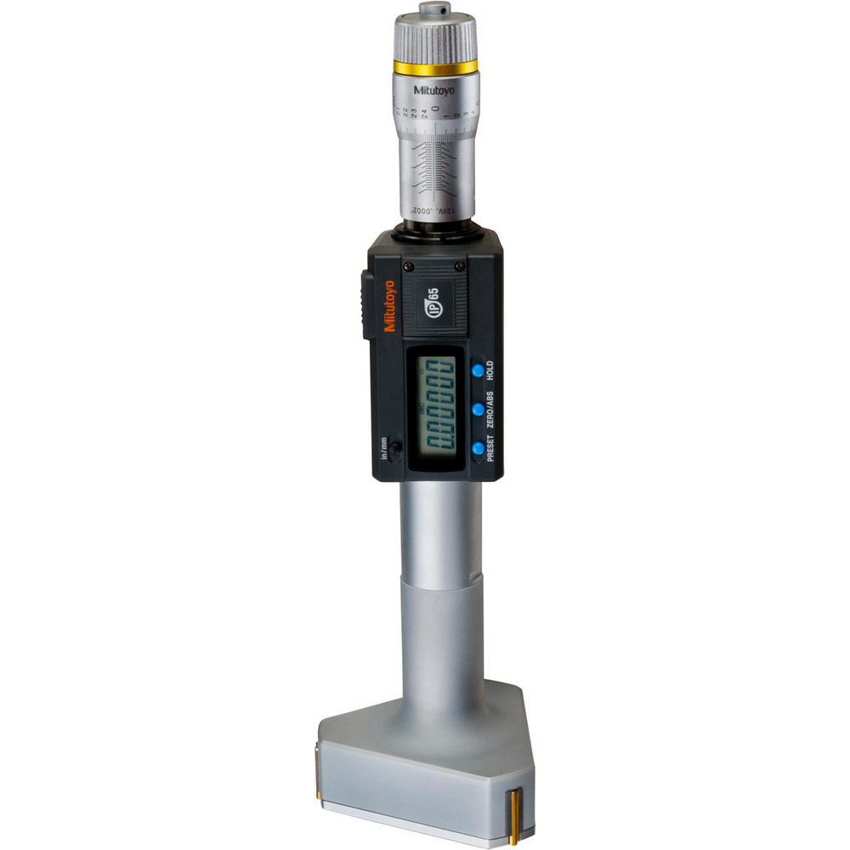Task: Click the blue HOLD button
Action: [478, 370]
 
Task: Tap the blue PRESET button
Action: [478, 447]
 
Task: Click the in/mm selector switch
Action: [395, 449]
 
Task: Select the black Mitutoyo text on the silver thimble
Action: [435, 88]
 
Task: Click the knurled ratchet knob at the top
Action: [435, 38]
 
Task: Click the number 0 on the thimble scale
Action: [435, 109]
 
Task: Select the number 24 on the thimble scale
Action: [421, 109]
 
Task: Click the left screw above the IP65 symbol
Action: [409, 267]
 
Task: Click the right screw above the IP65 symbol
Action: [460, 266]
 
